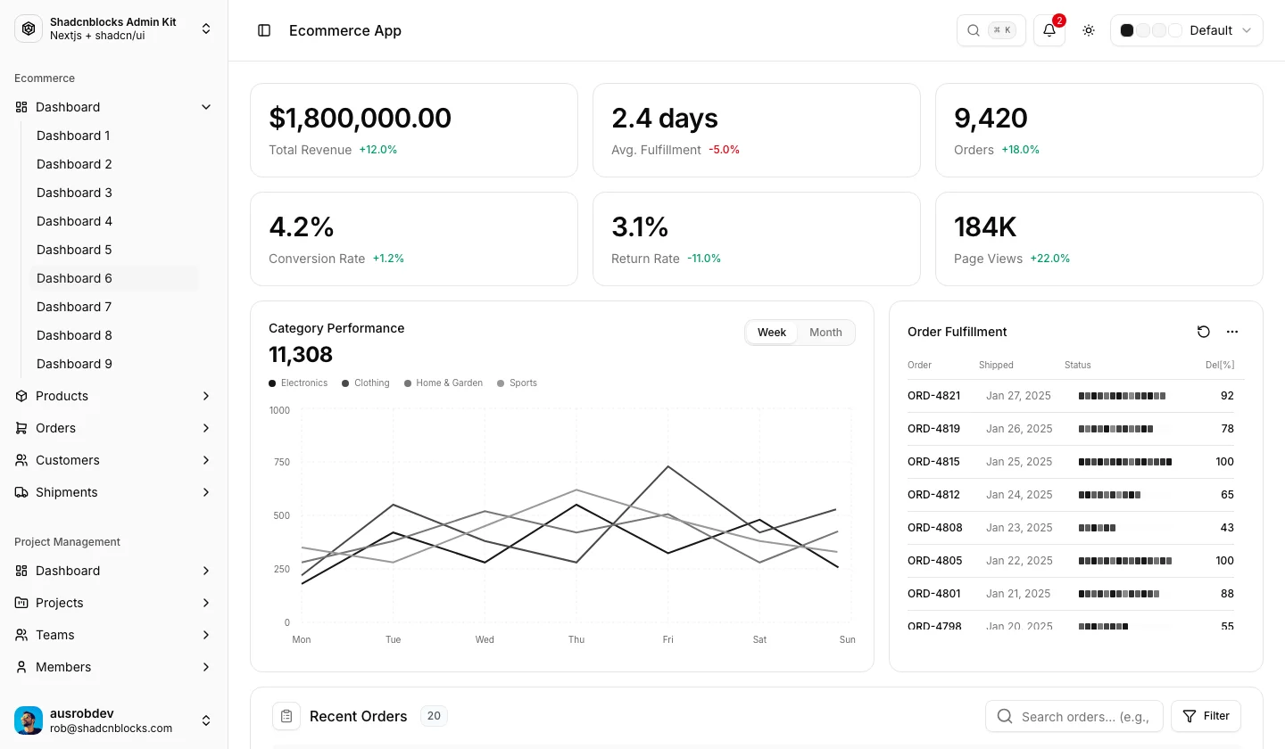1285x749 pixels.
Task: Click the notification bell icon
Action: click(1049, 30)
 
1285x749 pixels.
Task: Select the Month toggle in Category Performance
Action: click(825, 333)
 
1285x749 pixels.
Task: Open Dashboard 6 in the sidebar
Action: click(74, 278)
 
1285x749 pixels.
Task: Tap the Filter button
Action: click(1206, 716)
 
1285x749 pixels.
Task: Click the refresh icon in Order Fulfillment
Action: click(1204, 332)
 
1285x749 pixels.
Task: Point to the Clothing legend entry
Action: click(366, 383)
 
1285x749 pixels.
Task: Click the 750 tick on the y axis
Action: click(282, 462)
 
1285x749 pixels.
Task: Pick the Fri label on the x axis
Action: click(667, 639)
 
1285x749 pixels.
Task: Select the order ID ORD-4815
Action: click(933, 461)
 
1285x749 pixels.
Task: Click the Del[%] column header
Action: click(1220, 365)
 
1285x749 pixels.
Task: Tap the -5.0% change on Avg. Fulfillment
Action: click(724, 150)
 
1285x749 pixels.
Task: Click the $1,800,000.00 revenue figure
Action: click(360, 118)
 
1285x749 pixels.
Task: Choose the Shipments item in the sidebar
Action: click(67, 492)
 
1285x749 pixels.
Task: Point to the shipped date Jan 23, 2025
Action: click(1019, 527)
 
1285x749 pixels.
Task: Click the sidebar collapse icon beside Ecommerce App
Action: click(264, 30)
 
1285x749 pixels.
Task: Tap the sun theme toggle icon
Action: click(1089, 30)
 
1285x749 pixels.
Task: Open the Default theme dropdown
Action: click(1186, 30)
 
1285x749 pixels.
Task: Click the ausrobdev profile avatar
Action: click(29, 720)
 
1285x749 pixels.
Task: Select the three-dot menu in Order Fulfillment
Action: click(1232, 332)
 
